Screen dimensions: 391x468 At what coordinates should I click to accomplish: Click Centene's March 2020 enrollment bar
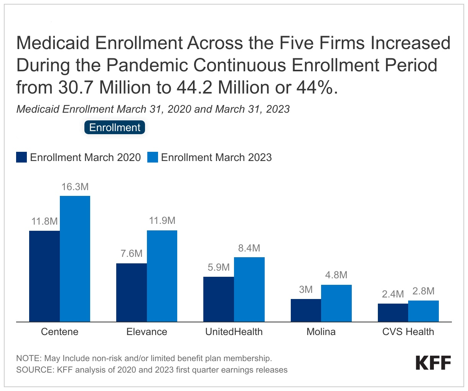point(44,276)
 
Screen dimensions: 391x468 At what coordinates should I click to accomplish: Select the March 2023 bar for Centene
point(75,259)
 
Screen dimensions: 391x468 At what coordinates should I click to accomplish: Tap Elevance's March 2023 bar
point(162,276)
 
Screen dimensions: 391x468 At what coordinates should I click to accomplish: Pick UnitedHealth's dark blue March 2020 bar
point(219,299)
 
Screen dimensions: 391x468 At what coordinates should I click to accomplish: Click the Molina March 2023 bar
point(336,303)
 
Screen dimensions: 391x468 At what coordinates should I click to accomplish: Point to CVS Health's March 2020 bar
point(393,312)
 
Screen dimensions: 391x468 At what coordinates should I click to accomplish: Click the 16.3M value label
point(75,187)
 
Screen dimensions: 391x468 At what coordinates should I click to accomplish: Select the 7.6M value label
point(132,253)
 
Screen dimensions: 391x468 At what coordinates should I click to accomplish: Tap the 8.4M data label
point(249,248)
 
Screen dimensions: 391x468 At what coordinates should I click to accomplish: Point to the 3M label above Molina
point(306,289)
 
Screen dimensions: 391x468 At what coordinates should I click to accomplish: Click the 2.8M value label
point(424,291)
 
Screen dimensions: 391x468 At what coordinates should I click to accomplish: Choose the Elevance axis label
point(147,332)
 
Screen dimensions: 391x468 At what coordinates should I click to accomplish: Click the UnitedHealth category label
point(234,332)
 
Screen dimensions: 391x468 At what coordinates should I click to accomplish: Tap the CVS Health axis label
point(408,332)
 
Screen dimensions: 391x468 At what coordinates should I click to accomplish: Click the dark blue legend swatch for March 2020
point(21,157)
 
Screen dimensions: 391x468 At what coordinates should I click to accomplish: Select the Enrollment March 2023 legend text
point(216,157)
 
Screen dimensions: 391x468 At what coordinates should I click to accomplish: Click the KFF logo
point(433,363)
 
